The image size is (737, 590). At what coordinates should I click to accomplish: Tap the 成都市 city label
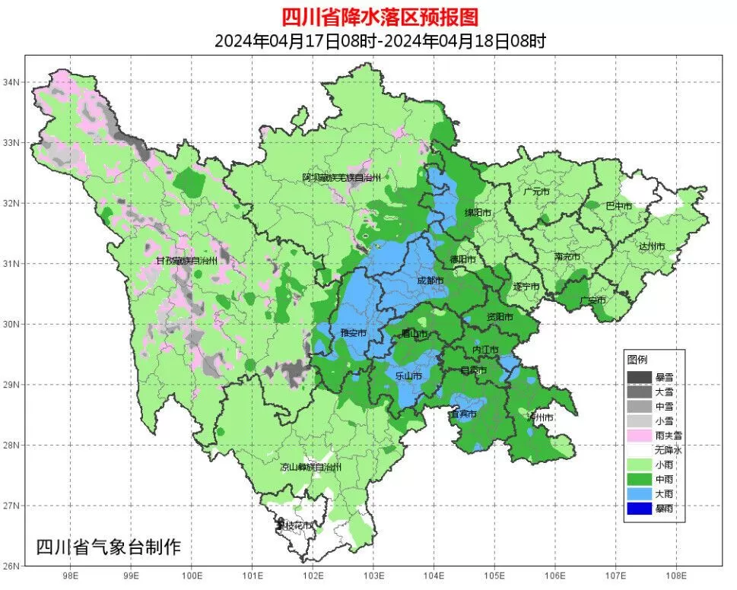430,281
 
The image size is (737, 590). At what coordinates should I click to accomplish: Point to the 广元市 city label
537,192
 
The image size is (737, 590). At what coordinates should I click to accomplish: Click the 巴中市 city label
618,206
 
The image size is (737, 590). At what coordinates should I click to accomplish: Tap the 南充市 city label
567,257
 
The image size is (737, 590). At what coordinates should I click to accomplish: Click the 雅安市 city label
353,333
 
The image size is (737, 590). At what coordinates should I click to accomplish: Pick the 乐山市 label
408,376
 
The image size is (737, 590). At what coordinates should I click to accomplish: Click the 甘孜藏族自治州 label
187,261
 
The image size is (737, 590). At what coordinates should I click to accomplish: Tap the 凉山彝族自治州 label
311,467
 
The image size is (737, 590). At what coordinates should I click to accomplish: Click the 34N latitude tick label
13,81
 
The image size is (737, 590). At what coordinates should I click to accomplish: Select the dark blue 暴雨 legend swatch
640,509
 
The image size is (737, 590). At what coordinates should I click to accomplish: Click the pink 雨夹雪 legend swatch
640,435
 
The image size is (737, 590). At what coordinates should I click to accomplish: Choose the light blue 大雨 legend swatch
640,493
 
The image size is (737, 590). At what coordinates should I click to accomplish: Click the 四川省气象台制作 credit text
109,546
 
